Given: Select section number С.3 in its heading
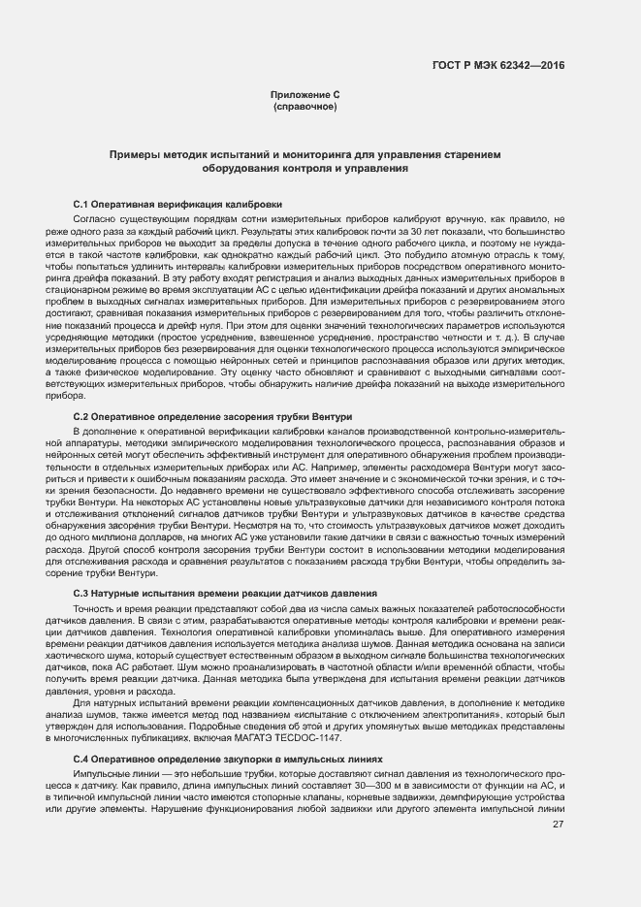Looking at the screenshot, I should click(x=81, y=593).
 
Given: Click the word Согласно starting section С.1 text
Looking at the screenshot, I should click(x=93, y=221).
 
